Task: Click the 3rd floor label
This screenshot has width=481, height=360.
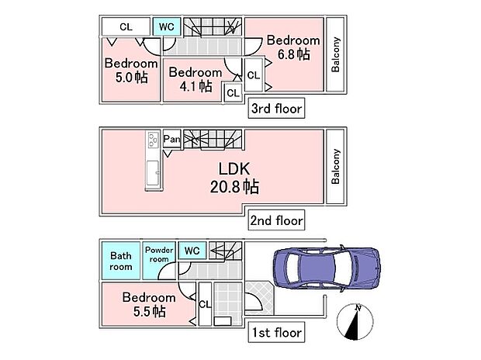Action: pos(276,109)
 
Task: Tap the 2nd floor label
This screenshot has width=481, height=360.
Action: pos(276,220)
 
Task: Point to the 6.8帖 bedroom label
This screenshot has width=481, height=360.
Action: pos(292,47)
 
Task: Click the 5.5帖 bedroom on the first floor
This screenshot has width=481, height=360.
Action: pos(148,303)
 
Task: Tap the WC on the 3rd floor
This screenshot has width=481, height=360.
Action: pos(167,26)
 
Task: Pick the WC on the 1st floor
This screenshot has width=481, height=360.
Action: pos(192,251)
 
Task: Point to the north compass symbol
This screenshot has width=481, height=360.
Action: pos(357,321)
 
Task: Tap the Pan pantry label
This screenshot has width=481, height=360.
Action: pos(171,140)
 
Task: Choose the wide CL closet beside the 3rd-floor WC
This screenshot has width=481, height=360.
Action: pos(125,26)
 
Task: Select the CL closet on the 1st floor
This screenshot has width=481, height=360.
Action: pos(204,303)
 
